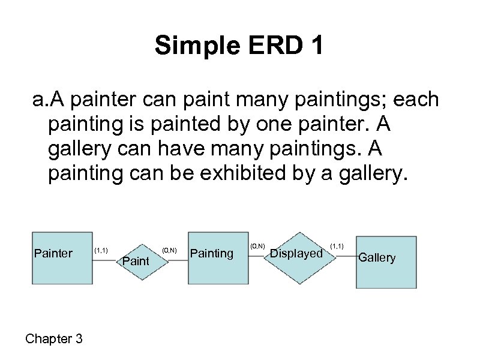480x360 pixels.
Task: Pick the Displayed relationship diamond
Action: coord(296,254)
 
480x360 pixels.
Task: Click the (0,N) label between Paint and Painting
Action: coord(169,250)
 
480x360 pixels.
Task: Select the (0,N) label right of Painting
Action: coord(257,246)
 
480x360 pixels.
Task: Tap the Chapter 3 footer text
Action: coord(54,339)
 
